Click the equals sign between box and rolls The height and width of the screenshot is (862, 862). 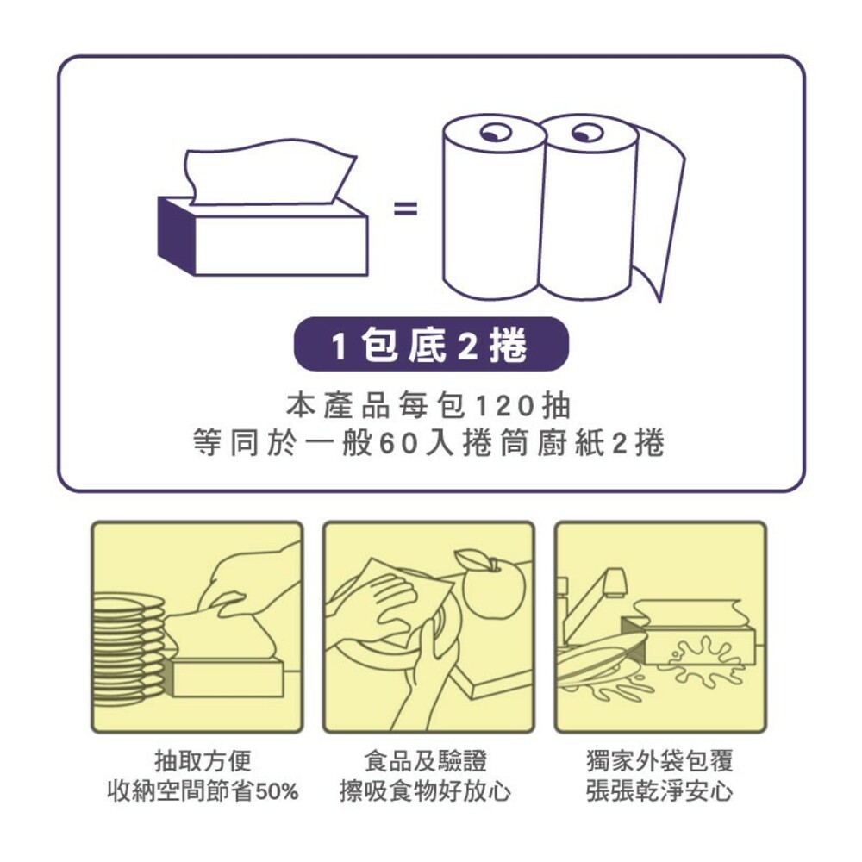(x=405, y=209)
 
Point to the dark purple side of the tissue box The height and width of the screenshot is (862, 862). (x=177, y=235)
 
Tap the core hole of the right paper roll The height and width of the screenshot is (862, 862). (x=588, y=133)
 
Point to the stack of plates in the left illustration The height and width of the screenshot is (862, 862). (x=128, y=646)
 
